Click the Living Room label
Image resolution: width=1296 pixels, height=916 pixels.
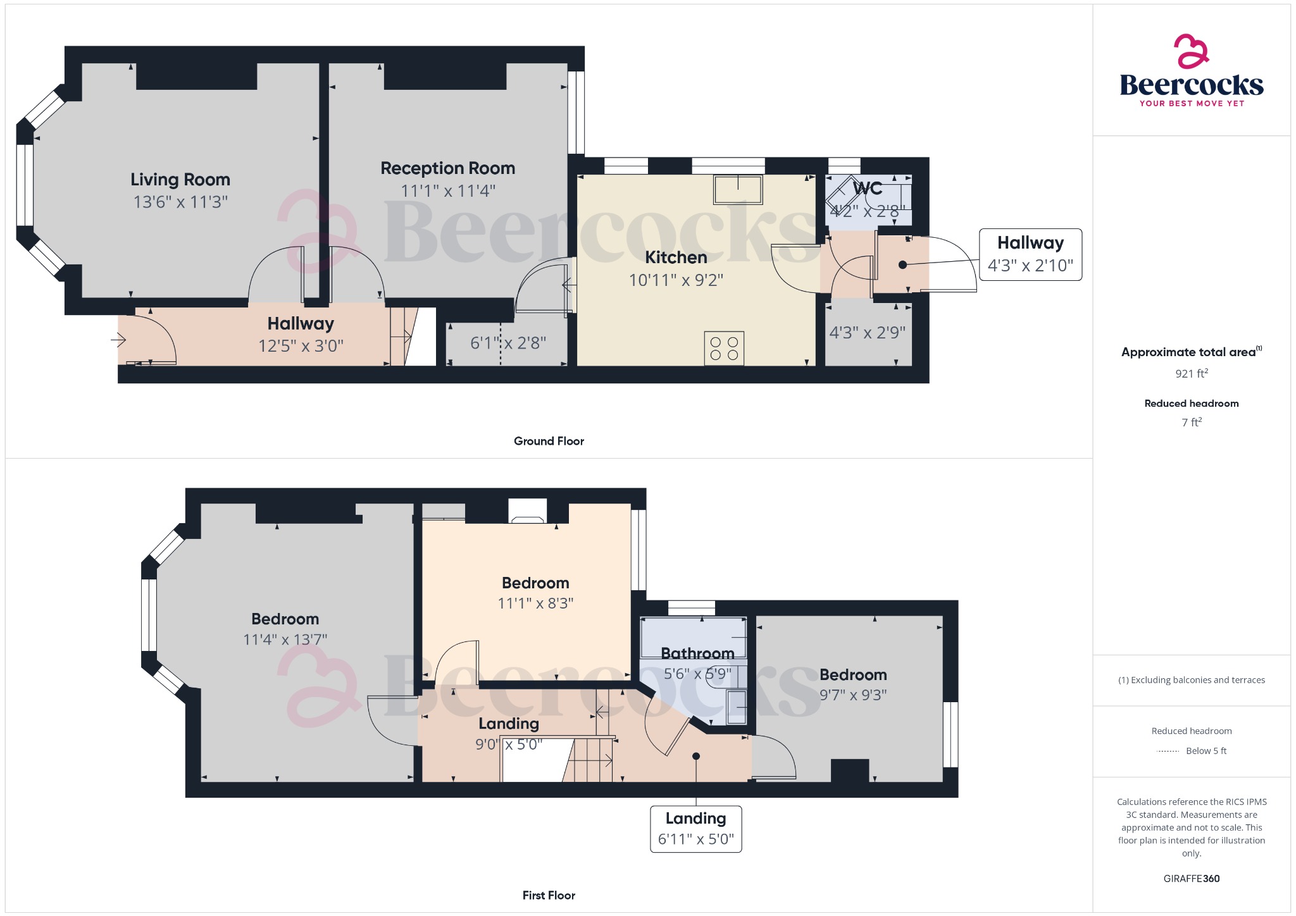[x=180, y=180]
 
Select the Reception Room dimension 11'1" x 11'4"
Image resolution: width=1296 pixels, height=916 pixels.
[x=448, y=190]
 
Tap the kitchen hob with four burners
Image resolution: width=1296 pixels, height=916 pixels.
[x=724, y=348]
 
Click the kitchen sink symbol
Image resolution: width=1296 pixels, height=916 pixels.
[x=738, y=189]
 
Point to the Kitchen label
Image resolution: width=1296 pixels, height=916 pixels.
[x=676, y=257]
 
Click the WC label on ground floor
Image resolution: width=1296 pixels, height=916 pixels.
[x=868, y=189]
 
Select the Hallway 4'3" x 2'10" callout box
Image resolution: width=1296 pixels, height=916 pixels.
[x=1030, y=254]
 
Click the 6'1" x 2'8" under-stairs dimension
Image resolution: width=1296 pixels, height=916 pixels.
[x=508, y=343]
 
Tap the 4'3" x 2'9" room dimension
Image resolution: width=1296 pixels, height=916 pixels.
[x=868, y=333]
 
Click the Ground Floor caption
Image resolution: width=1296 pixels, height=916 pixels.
[x=549, y=441]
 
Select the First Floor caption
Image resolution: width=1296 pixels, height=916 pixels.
[x=549, y=895]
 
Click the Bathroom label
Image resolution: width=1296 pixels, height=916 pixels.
[x=697, y=653]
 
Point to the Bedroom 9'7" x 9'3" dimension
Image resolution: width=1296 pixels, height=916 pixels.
[x=853, y=695]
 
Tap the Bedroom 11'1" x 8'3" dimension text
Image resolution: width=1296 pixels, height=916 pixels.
[x=535, y=603]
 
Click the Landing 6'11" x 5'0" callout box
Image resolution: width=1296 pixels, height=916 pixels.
[x=696, y=829]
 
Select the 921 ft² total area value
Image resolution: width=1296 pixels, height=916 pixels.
[x=1192, y=374]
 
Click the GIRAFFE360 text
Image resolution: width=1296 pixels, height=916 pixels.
[x=1192, y=878]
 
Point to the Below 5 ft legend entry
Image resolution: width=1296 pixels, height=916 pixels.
[x=1206, y=751]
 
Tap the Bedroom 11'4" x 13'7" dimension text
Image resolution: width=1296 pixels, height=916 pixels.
[x=285, y=640]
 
